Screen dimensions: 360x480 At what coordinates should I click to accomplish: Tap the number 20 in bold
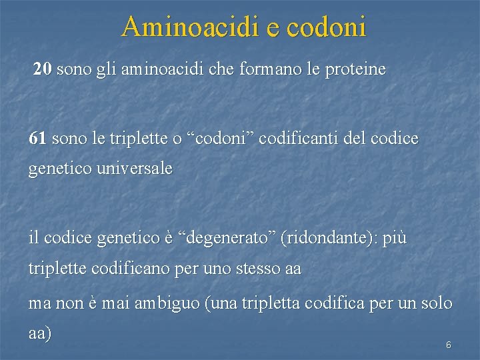pos(43,69)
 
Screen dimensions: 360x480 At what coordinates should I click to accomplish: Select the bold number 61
pos(38,139)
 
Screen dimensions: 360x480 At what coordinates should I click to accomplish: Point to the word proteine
pos(355,69)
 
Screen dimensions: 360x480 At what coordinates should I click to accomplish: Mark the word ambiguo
pos(167,303)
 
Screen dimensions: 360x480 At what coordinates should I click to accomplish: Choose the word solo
pos(436,303)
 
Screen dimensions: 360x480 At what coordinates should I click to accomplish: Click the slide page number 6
pos(448,345)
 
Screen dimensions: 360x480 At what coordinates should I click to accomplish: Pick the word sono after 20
pos(74,69)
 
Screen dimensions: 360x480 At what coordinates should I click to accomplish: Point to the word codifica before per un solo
pos(335,303)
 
